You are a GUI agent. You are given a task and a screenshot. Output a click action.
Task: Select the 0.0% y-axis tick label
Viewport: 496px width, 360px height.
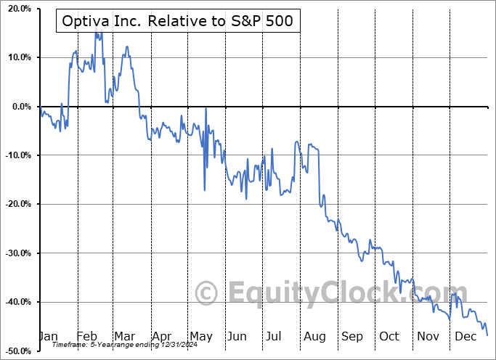(x=18, y=107)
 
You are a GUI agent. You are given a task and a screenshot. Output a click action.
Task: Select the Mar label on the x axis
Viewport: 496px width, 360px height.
(x=123, y=336)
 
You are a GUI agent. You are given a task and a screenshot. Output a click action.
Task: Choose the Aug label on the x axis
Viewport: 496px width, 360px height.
(x=314, y=336)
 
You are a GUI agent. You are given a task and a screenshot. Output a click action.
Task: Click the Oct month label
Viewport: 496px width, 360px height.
(x=390, y=336)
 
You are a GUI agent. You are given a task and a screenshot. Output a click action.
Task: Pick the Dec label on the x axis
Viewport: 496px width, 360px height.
(x=465, y=336)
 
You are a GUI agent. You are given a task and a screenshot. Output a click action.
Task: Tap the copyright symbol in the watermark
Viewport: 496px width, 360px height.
(x=207, y=293)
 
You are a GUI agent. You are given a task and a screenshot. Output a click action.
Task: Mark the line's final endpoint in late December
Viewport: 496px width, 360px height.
(x=487, y=335)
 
